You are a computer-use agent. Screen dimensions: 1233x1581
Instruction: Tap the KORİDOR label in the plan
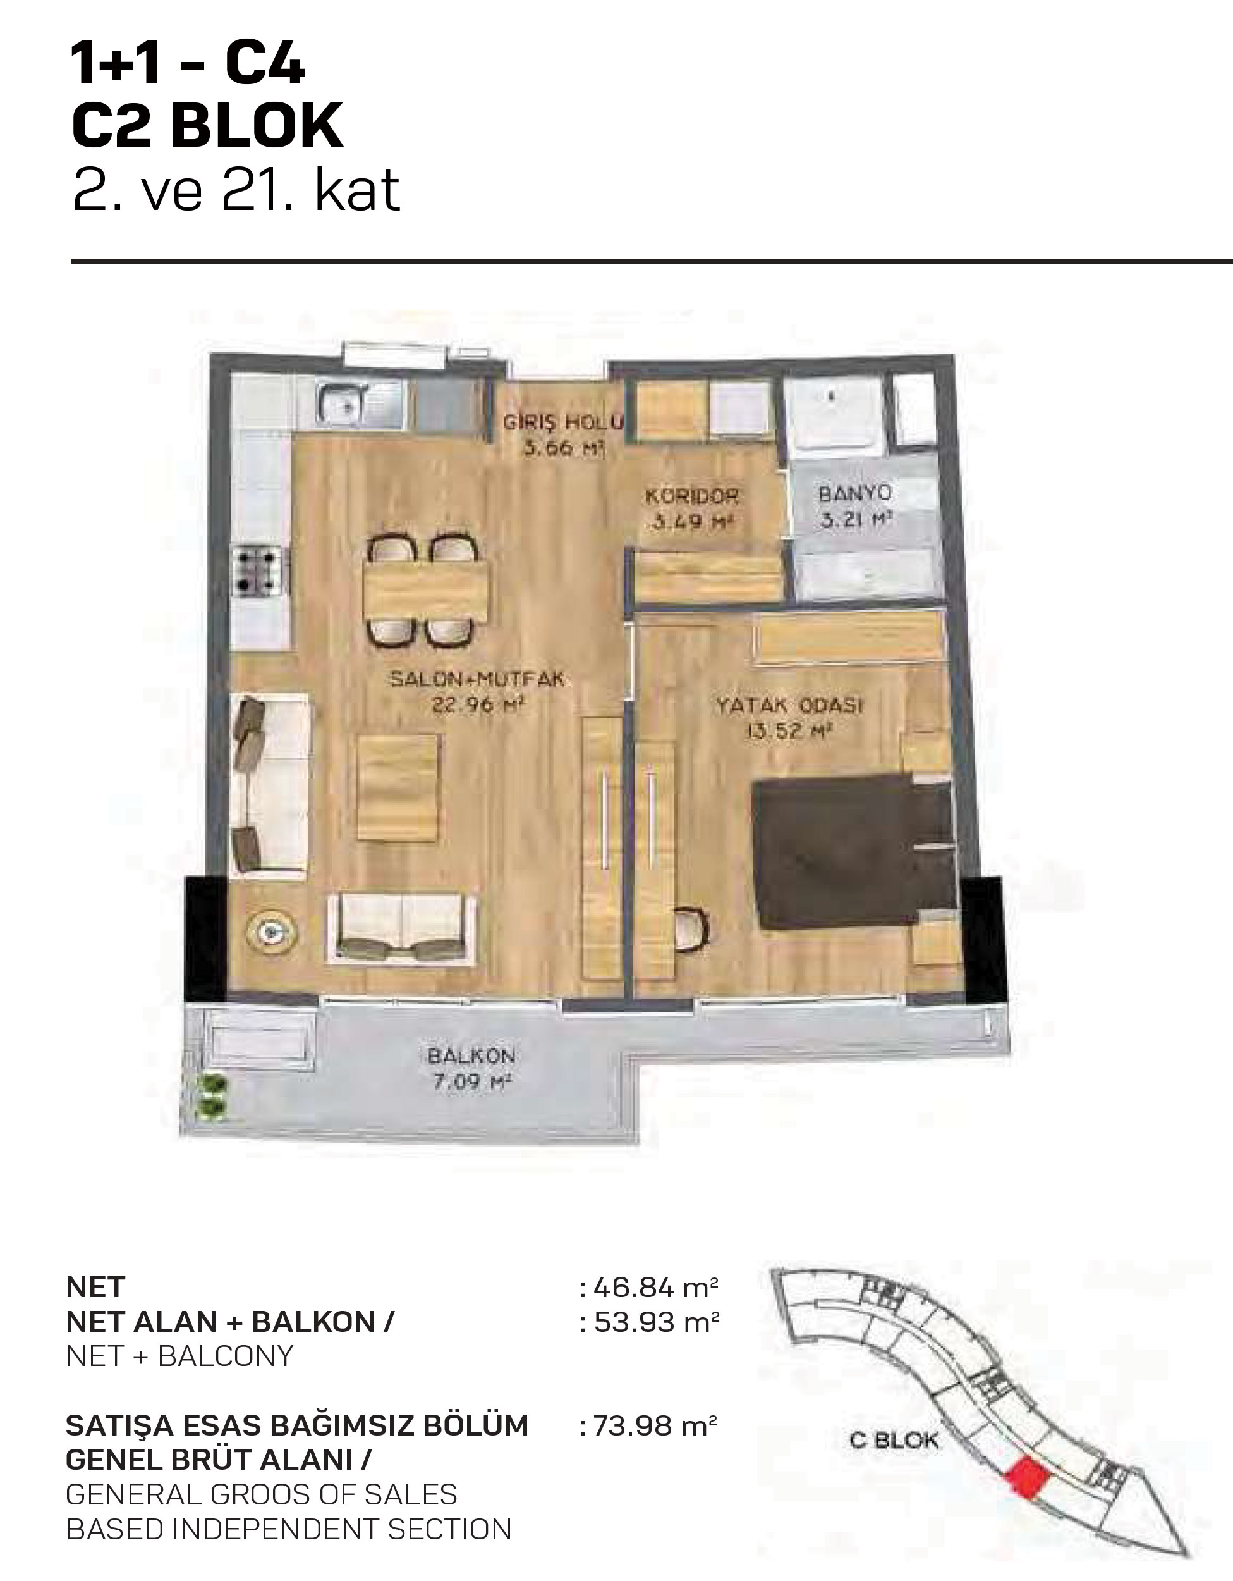[x=692, y=496]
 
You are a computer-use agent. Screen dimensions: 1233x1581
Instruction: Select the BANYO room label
[x=855, y=494]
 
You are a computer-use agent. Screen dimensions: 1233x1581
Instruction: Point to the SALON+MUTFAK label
[x=477, y=680]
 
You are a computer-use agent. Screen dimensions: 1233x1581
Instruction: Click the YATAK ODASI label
[x=789, y=705]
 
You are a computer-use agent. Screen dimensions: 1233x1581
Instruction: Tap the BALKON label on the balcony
[x=471, y=1055]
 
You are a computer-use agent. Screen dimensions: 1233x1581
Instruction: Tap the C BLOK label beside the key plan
[x=894, y=1441]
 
